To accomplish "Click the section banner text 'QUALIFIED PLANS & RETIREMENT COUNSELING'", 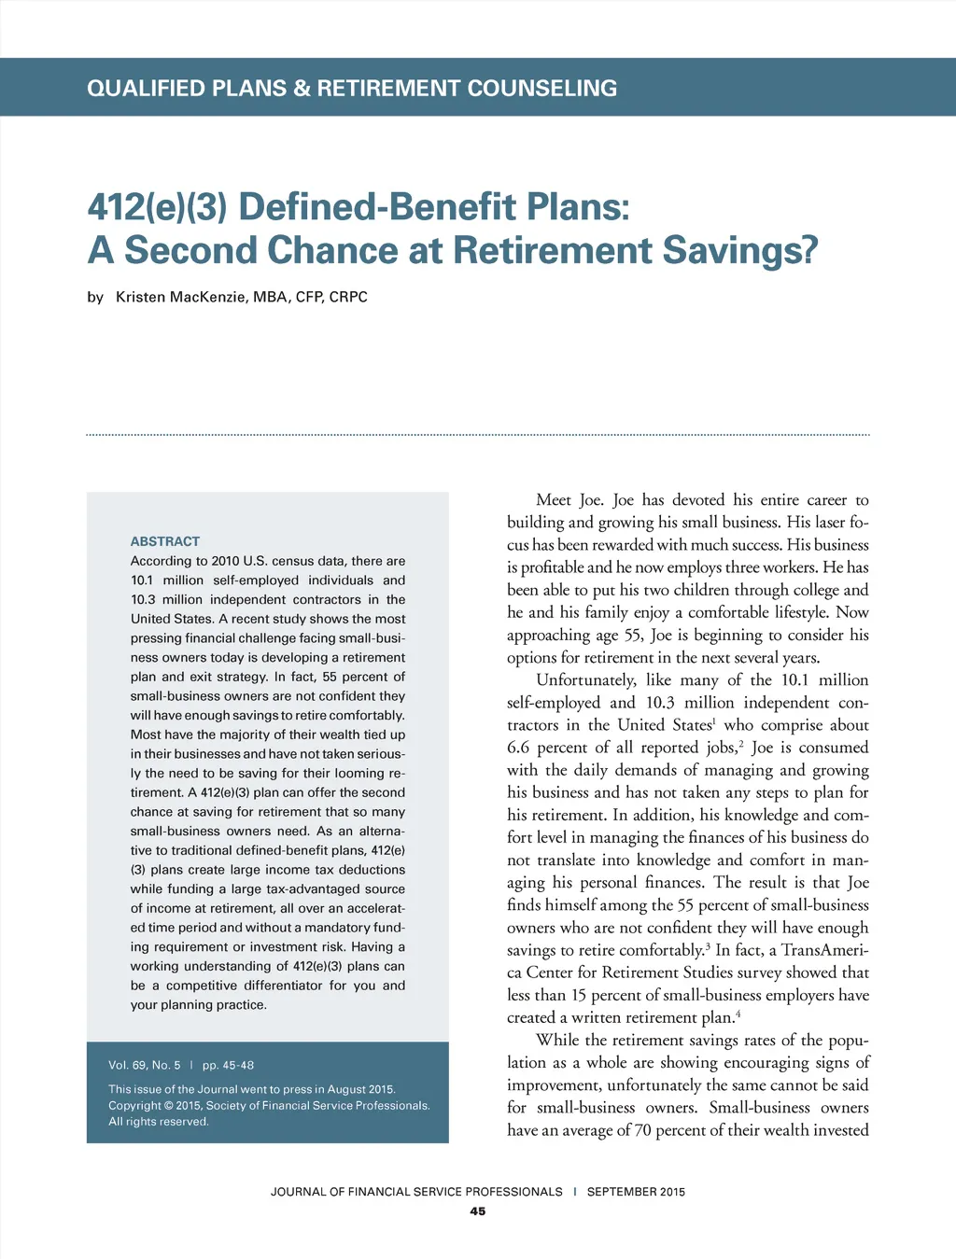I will click(x=352, y=89).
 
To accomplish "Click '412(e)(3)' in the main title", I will click(x=157, y=207).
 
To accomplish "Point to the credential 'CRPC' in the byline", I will click(x=348, y=297).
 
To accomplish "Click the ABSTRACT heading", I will click(x=165, y=541).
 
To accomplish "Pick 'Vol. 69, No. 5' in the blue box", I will click(x=145, y=1065).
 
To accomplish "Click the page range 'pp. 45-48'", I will click(x=228, y=1065).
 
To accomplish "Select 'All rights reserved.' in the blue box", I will click(x=159, y=1122).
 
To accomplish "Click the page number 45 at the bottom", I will click(x=478, y=1211).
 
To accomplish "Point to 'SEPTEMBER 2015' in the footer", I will click(x=636, y=1192).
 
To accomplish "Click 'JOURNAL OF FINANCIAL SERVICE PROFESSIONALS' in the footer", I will click(x=416, y=1192).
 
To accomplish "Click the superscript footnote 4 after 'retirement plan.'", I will click(x=738, y=1014).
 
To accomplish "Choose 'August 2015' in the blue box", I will click(x=361, y=1089).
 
